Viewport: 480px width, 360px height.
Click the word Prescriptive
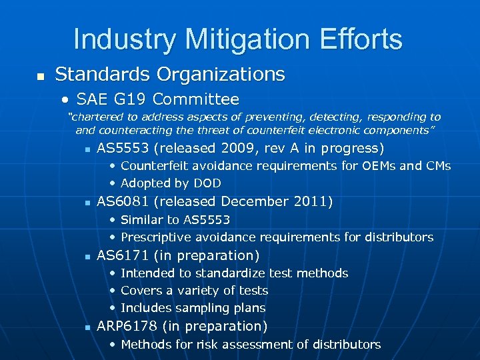154,237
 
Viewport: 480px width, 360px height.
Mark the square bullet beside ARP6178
87,327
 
